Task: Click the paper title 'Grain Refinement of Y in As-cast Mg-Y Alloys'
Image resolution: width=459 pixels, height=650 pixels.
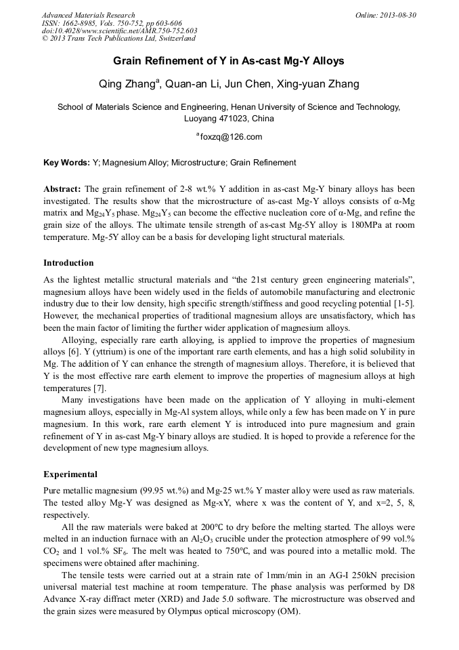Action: click(x=229, y=61)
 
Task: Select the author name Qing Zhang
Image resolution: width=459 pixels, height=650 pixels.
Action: click(x=129, y=84)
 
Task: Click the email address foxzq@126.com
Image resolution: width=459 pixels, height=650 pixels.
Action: click(x=230, y=137)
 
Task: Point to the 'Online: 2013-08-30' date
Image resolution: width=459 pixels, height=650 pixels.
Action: click(x=385, y=15)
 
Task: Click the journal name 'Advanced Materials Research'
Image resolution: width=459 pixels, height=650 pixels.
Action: click(x=89, y=15)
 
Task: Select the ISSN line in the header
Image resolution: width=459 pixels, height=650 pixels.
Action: click(x=112, y=22)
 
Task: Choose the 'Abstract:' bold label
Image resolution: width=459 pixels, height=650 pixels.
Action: click(x=62, y=189)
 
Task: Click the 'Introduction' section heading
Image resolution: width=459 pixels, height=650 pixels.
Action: click(x=68, y=263)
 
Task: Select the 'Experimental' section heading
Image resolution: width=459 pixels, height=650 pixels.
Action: click(x=70, y=474)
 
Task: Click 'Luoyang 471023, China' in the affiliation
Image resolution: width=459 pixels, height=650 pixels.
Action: click(x=229, y=118)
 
